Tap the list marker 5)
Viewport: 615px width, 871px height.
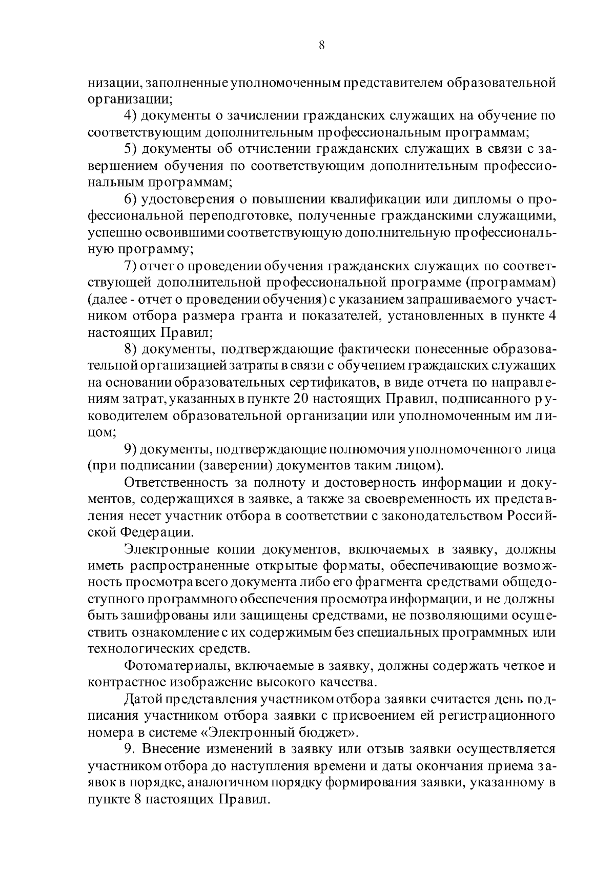tap(131, 149)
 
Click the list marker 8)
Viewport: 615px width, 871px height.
tap(131, 350)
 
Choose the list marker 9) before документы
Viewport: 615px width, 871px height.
tap(131, 450)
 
